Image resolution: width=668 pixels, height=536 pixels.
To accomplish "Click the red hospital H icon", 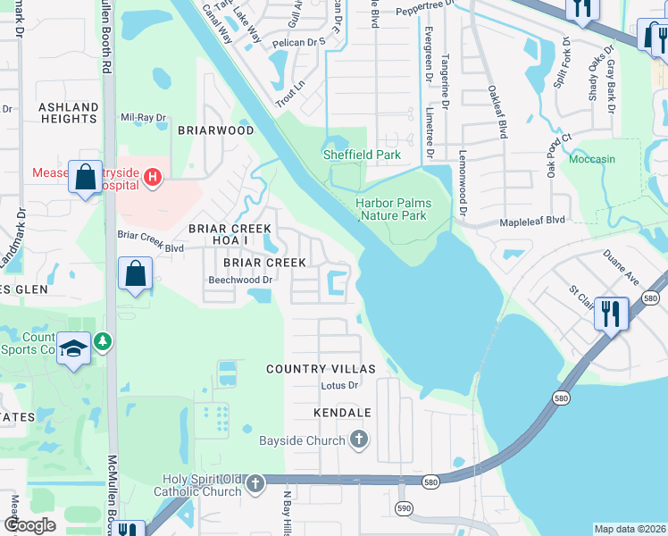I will coord(153,178).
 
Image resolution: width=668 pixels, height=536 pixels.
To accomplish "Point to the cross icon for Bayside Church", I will coord(358,439).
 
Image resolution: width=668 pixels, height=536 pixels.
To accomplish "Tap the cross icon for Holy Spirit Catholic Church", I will coord(255,484).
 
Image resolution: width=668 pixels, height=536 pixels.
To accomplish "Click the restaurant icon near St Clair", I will coord(612,313).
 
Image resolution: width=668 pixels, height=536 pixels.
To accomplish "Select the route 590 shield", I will coord(403,507).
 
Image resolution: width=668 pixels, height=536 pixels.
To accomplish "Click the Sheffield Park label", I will coord(362,155).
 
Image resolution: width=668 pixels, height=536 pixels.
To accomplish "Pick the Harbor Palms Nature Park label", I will coord(393,209).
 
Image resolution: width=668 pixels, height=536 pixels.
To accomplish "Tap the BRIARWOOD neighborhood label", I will coord(215,130).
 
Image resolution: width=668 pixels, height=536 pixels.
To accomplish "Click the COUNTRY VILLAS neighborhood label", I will coord(321,369).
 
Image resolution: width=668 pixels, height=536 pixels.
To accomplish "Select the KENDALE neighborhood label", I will coord(342,413).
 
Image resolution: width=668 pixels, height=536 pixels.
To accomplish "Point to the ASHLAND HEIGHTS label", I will coord(69,113).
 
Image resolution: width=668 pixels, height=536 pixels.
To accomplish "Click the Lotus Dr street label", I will coord(339,386).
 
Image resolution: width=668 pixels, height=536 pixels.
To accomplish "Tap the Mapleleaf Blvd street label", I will coord(532,220).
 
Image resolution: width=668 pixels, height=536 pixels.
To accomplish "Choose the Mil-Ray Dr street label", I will coord(144,118).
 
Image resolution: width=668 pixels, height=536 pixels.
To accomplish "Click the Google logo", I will coord(29,525).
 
